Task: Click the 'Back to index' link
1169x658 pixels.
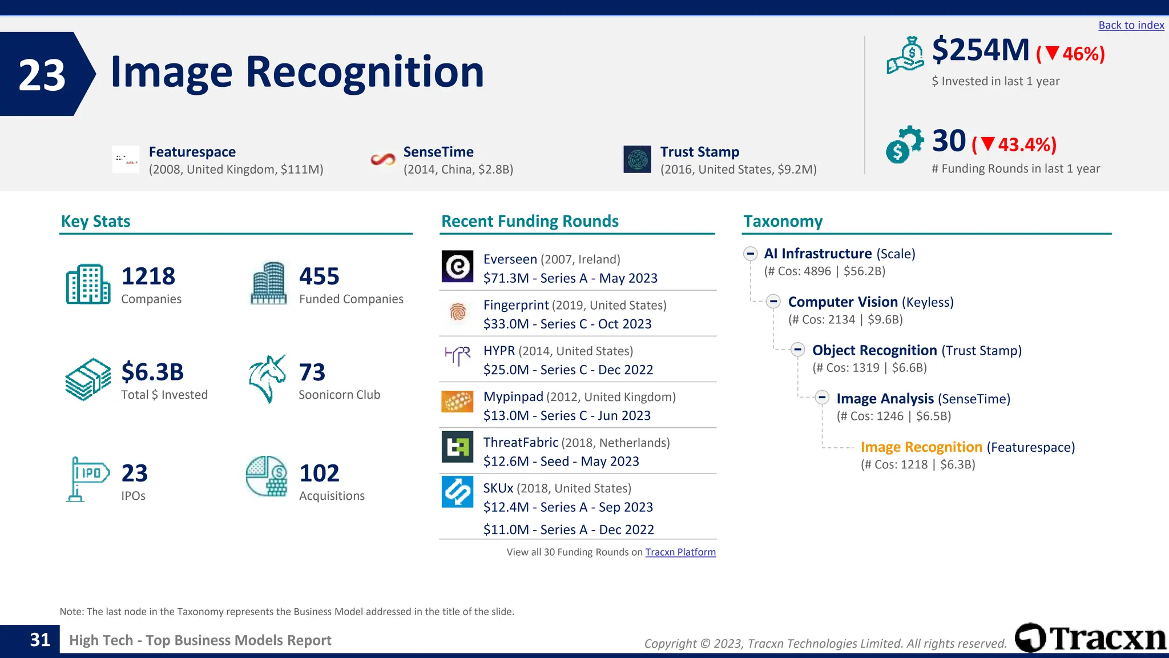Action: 1131,25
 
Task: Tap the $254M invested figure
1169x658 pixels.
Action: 980,50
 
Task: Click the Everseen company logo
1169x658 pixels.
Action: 457,266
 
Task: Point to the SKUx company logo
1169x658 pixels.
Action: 457,492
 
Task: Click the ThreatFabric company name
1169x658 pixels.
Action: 521,443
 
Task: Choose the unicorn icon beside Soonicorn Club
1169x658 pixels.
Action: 267,379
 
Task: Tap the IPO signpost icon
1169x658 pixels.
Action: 87,479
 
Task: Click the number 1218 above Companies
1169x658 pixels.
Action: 148,276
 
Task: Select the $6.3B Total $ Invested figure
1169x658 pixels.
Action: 152,372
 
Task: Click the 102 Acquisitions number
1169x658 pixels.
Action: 319,474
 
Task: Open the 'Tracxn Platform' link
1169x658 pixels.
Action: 680,552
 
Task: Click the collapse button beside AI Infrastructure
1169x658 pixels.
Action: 750,254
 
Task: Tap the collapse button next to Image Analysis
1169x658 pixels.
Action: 822,398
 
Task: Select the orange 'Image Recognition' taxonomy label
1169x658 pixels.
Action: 921,447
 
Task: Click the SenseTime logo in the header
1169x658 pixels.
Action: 382,159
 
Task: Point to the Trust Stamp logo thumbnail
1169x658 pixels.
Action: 637,159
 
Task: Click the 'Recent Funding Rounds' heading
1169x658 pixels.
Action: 530,221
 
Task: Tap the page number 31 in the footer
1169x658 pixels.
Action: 40,640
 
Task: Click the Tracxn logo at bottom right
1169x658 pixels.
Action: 1090,638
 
